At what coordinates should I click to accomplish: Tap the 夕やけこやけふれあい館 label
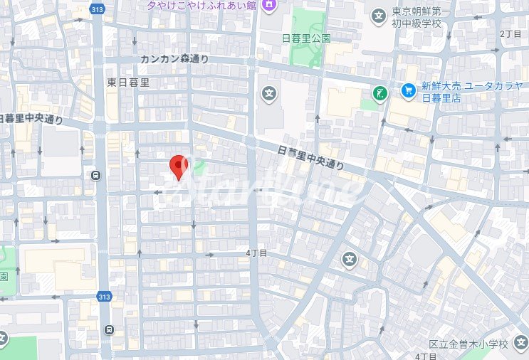pyautogui.click(x=201, y=6)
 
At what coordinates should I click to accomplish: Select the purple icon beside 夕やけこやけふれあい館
pyautogui.click(x=268, y=6)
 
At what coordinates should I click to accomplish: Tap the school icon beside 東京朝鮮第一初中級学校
pyautogui.click(x=378, y=14)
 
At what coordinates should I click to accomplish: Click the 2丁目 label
pyautogui.click(x=510, y=33)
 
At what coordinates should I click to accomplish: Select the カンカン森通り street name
pyautogui.click(x=174, y=59)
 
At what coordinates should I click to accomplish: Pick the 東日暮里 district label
pyautogui.click(x=128, y=83)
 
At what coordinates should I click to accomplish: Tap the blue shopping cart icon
pyautogui.click(x=408, y=90)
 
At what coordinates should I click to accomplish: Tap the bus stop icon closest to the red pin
pyautogui.click(x=95, y=175)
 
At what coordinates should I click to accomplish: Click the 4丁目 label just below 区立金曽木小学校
pyautogui.click(x=426, y=356)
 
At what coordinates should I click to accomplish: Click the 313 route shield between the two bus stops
pyautogui.click(x=105, y=297)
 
